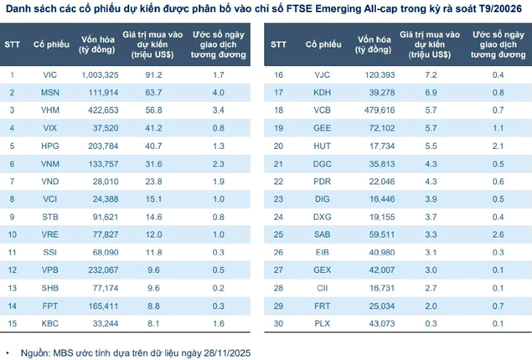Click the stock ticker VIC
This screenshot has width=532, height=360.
49,75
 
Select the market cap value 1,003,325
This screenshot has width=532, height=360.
100,75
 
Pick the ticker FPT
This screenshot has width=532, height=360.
49,306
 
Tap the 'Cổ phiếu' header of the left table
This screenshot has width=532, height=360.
49,43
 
